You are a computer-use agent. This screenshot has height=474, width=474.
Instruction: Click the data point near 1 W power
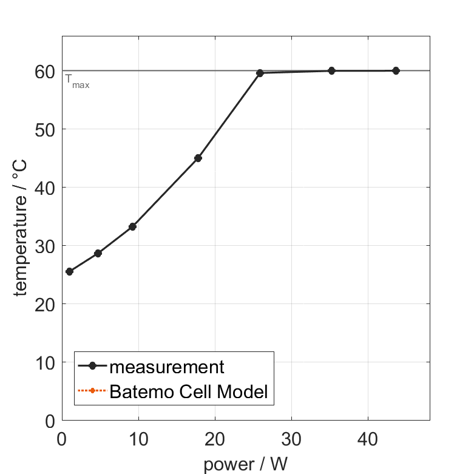point(69,271)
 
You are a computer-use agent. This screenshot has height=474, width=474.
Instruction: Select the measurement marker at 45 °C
point(198,158)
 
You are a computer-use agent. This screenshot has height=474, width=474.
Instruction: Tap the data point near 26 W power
point(260,73)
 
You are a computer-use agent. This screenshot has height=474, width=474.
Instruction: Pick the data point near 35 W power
point(331,71)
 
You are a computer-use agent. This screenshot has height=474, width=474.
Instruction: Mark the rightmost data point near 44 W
point(396,70)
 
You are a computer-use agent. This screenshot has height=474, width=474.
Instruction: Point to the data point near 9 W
point(132,226)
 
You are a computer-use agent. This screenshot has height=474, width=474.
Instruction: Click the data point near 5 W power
point(98,253)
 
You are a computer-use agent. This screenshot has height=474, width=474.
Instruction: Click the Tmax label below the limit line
point(77,82)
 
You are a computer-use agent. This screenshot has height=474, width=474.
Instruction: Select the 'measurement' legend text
point(167,367)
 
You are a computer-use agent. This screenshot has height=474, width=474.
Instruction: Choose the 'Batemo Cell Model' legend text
point(188,391)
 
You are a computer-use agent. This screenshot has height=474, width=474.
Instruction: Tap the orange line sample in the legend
point(92,391)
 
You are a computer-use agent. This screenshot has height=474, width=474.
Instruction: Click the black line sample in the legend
point(92,366)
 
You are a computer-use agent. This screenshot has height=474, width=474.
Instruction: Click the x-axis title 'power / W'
point(245,464)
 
